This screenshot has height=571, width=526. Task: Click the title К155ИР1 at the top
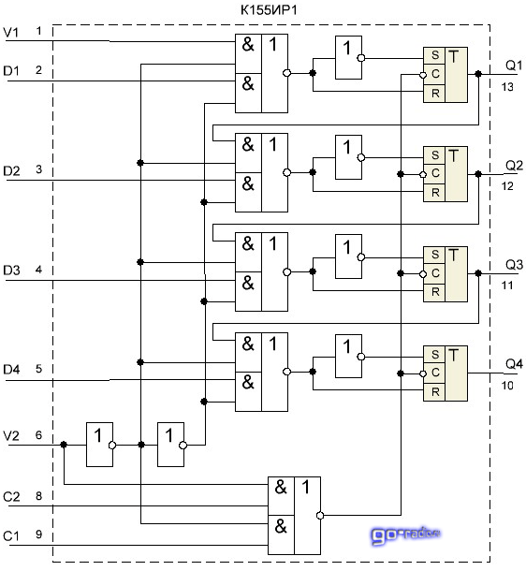point(269,10)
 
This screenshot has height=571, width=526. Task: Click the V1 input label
point(11,32)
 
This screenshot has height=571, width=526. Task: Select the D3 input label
point(11,271)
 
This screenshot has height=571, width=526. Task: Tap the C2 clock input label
point(11,497)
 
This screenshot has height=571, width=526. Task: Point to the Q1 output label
point(514,66)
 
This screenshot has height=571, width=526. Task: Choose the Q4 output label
point(514,363)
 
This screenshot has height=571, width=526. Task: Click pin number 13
point(507,87)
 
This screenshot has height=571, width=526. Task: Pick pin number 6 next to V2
point(39,435)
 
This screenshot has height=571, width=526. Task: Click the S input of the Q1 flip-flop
point(435,55)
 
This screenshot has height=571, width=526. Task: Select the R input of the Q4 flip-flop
point(435,392)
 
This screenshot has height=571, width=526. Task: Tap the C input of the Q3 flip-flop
point(435,273)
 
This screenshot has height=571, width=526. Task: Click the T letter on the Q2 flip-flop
point(454,156)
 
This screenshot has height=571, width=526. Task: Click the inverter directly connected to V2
point(99,445)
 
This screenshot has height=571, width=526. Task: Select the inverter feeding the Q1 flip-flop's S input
point(348,57)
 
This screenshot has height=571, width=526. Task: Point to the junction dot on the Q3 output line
point(478,273)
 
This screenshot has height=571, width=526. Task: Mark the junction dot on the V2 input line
point(64,445)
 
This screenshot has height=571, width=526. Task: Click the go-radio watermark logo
point(405,535)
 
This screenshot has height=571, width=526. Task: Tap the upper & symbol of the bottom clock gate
point(281,487)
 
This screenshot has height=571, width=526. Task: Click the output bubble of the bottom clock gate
point(320,515)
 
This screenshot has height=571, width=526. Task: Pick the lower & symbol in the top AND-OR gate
point(248,83)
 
